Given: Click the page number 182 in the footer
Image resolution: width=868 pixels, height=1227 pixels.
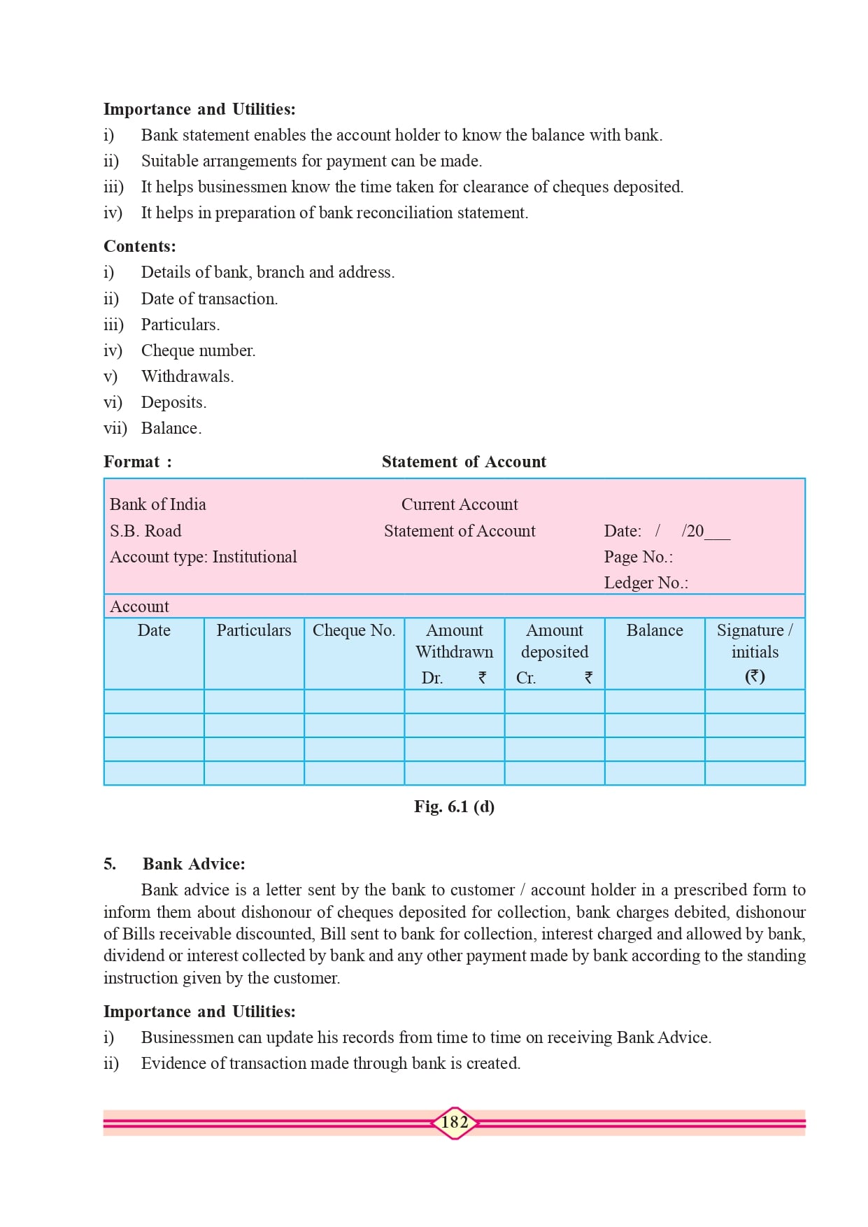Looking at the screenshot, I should tap(455, 1122).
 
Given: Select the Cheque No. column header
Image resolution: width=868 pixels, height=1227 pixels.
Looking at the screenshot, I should tap(354, 630).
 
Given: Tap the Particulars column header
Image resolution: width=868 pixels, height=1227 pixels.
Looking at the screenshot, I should tap(254, 630).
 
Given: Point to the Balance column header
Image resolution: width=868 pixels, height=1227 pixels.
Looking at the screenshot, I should tap(655, 630).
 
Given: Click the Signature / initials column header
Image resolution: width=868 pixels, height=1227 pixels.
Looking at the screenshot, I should tap(755, 641).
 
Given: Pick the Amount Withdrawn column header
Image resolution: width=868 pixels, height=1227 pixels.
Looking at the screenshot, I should tap(455, 641).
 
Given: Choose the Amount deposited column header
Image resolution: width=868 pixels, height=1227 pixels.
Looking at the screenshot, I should tap(555, 641).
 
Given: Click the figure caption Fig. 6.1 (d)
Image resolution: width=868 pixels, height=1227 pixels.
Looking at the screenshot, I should tap(455, 807).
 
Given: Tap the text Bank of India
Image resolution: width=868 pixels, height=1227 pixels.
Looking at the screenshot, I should tap(158, 504).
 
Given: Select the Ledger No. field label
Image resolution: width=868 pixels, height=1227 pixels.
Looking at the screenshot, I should tap(646, 583).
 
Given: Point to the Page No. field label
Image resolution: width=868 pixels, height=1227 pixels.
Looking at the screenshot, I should tap(639, 557).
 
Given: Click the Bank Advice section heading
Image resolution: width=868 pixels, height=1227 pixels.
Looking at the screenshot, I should tap(194, 864).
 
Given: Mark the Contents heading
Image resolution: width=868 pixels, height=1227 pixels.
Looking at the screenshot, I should tap(140, 246).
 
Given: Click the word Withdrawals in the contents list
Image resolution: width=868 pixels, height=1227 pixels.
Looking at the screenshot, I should tap(187, 376).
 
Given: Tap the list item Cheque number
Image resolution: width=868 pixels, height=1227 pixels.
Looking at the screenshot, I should tap(199, 350).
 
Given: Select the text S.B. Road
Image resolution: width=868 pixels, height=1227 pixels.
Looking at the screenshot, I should tap(145, 531).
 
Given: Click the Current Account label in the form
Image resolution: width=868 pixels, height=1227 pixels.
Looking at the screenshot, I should tap(460, 504).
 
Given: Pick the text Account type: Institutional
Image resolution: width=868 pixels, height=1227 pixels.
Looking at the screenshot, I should tap(204, 557).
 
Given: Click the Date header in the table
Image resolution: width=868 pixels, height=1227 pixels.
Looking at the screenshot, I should tap(154, 630).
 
